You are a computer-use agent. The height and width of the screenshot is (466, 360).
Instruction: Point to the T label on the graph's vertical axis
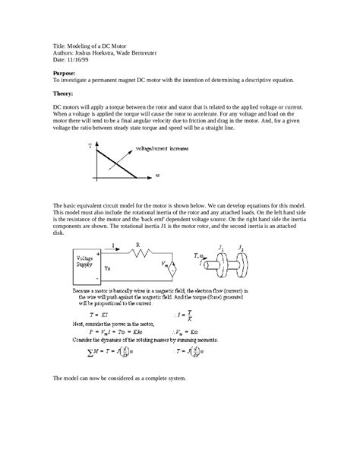(x=90, y=144)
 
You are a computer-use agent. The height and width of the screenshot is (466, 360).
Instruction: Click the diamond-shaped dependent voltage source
(x=173, y=268)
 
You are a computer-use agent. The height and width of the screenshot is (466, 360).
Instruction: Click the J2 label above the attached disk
(x=241, y=248)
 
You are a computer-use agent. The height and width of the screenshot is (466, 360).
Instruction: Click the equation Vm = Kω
(x=188, y=331)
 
